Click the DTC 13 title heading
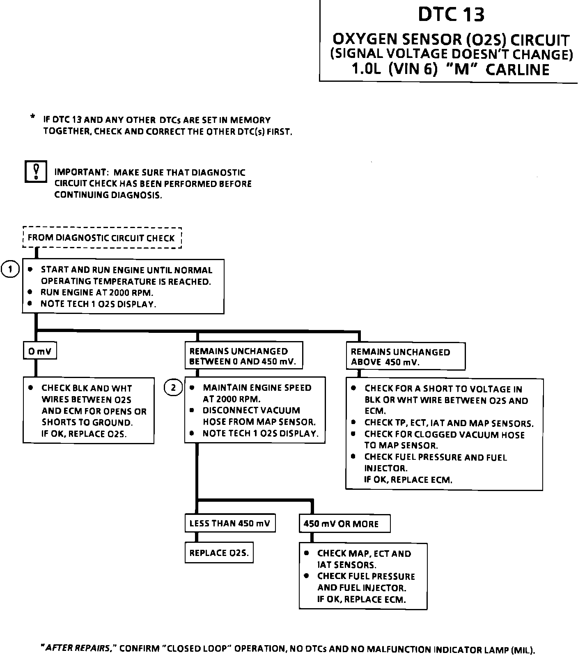click(x=451, y=14)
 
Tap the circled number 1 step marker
click(x=10, y=270)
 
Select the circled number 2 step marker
click(x=173, y=387)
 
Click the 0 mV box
click(x=39, y=351)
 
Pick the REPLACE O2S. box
click(x=219, y=553)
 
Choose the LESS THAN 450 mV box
click(x=229, y=524)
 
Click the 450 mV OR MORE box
click(x=344, y=524)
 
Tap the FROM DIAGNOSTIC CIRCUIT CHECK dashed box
click(x=102, y=238)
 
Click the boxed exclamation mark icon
click(x=36, y=171)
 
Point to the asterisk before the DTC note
click(x=32, y=118)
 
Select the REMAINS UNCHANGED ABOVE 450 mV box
click(x=406, y=357)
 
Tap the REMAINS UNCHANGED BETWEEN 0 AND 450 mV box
click(x=243, y=356)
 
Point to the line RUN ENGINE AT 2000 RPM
click(x=97, y=293)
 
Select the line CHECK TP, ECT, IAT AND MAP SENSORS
click(x=449, y=423)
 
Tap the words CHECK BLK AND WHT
click(x=87, y=388)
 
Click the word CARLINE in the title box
click(x=517, y=69)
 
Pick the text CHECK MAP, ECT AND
click(x=364, y=554)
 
